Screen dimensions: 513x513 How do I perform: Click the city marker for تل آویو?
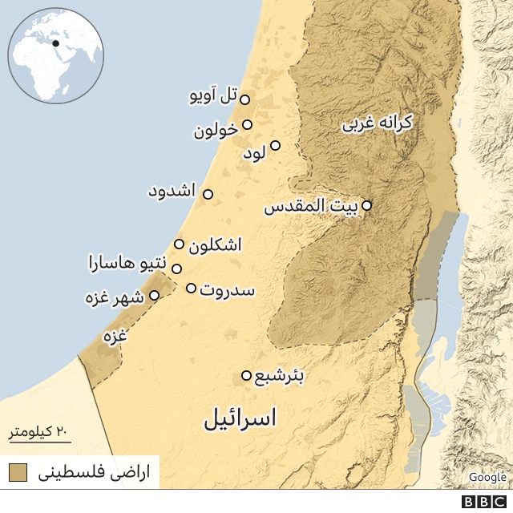pos(244,99)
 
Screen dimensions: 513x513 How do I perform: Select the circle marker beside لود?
pos(275,146)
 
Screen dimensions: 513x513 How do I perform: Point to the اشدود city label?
pos(172,192)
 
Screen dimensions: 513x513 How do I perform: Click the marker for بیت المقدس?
pos(366,205)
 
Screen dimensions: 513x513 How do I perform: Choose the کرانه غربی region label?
pos(377,123)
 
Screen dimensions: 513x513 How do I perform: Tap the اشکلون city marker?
pos(179,244)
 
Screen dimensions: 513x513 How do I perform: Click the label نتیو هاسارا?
pos(128,262)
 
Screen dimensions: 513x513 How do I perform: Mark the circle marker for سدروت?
pos(191,288)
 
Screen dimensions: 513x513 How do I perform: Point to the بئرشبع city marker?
pos(246,375)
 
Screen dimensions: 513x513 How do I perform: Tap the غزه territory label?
pos(115,337)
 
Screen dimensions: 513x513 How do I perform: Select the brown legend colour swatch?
pos(18,472)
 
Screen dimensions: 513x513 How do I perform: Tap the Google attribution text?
pos(487,477)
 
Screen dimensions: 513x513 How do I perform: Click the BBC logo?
pos(484,502)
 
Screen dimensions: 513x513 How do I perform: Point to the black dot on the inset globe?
pos(56,43)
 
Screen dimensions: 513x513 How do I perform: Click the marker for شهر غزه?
pos(155,295)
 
